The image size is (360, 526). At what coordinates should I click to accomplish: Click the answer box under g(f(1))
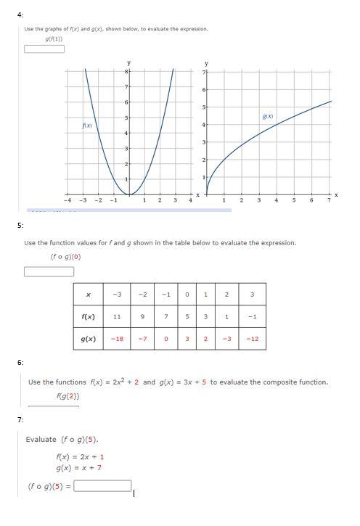pyautogui.click(x=44, y=49)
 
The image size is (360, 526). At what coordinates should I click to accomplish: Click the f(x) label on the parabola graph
pyautogui.click(x=87, y=126)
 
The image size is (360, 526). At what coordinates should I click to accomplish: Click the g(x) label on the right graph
pyautogui.click(x=268, y=116)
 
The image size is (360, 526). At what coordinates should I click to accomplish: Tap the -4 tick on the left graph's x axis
pyautogui.click(x=67, y=200)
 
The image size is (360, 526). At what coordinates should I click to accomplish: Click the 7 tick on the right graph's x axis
pyautogui.click(x=328, y=200)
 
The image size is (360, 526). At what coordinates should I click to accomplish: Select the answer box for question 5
pyautogui.click(x=49, y=272)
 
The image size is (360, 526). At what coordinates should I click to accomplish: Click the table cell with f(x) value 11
pyautogui.click(x=117, y=316)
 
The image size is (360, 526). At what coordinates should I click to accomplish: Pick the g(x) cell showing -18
pyautogui.click(x=117, y=339)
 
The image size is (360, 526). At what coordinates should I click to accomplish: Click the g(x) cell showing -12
pyautogui.click(x=252, y=339)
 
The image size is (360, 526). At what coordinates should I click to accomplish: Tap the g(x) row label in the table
pyautogui.click(x=88, y=339)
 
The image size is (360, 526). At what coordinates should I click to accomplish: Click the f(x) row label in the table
pyautogui.click(x=88, y=316)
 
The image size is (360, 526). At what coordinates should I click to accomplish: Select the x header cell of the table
pyautogui.click(x=88, y=295)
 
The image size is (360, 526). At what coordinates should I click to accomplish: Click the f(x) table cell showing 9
pyautogui.click(x=144, y=316)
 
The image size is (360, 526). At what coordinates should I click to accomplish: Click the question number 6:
pyautogui.click(x=21, y=362)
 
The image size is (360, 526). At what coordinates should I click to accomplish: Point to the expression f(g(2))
pyautogui.click(x=67, y=396)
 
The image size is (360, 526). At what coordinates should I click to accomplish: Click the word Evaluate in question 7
pyautogui.click(x=41, y=440)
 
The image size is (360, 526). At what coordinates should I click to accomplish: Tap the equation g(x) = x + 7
pyautogui.click(x=78, y=468)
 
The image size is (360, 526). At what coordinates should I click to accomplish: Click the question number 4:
pyautogui.click(x=21, y=15)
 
